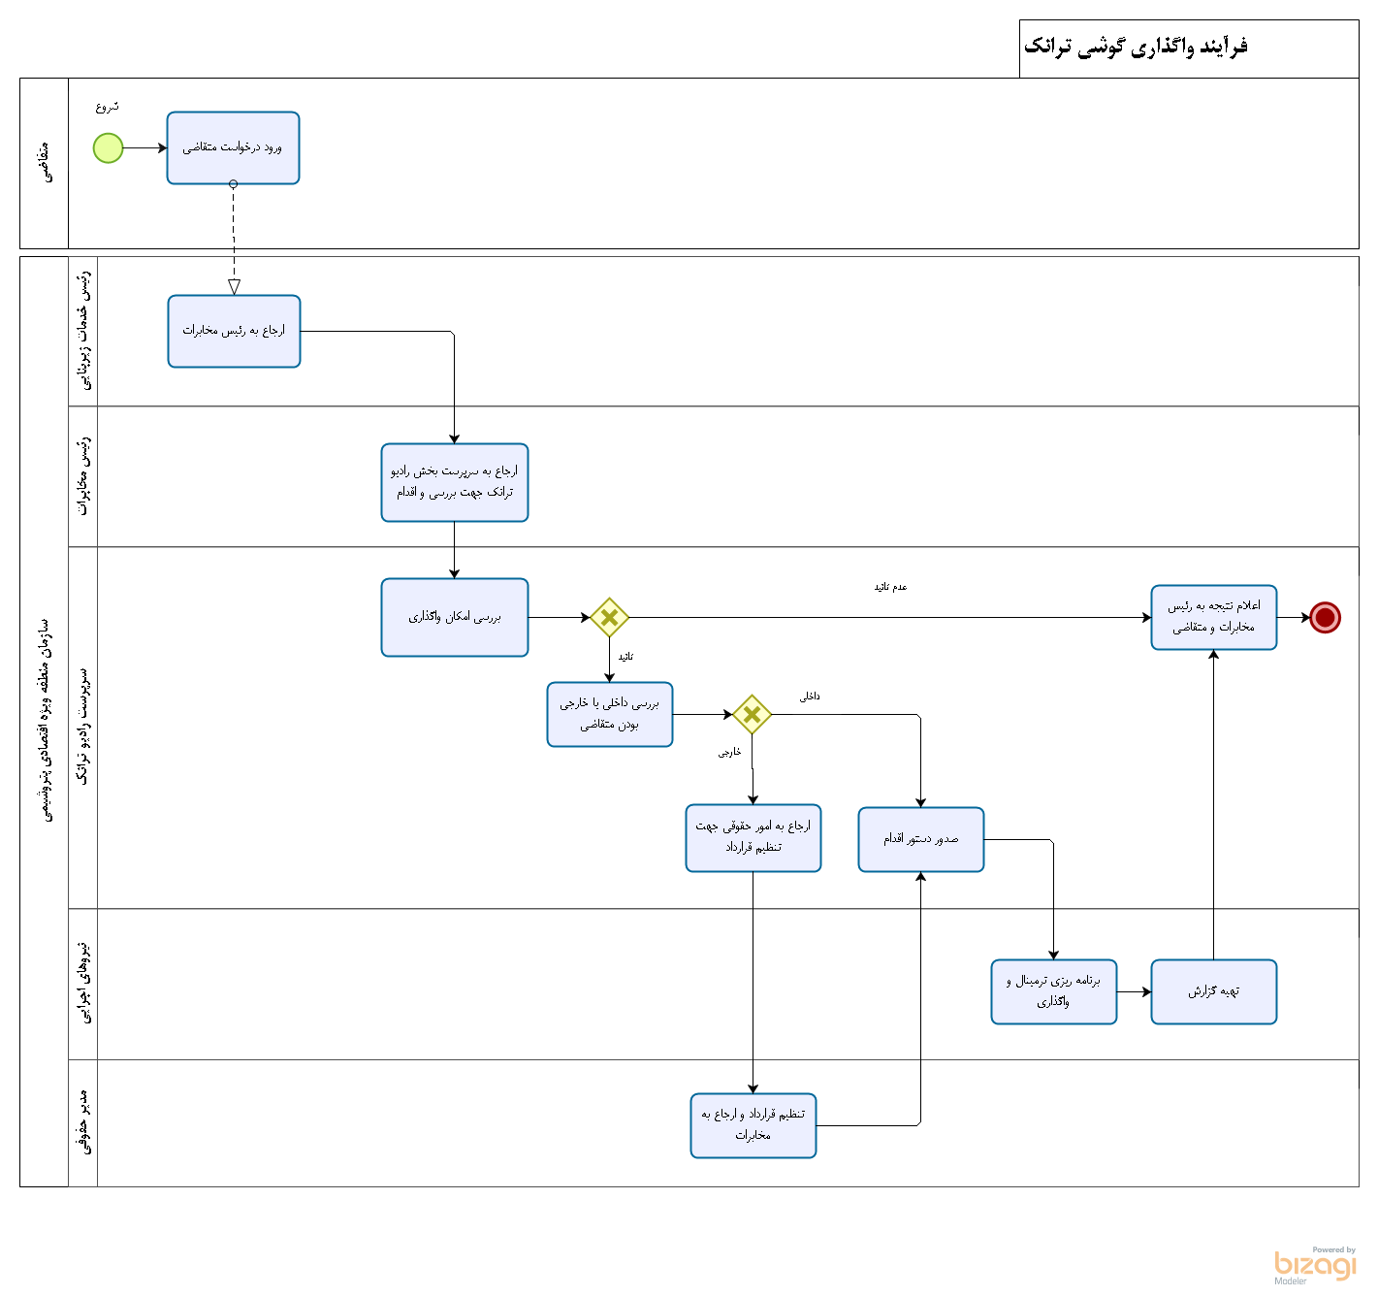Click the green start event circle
(108, 148)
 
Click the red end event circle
(1325, 617)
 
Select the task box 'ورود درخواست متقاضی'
(233, 148)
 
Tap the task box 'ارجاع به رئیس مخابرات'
(234, 331)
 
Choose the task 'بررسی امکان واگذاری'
(454, 617)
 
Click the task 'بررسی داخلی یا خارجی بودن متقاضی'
(609, 714)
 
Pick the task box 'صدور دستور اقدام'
(920, 839)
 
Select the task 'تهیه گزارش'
(1213, 991)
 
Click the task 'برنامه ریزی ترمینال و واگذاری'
(1053, 991)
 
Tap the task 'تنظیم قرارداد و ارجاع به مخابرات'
(753, 1125)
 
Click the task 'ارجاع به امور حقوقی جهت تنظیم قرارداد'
(753, 837)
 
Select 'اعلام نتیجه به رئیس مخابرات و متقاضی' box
(1213, 617)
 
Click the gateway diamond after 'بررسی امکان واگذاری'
(609, 617)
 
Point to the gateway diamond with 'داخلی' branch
(752, 715)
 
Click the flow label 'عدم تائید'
(890, 588)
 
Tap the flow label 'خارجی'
(729, 753)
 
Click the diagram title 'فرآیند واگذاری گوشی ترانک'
(1136, 47)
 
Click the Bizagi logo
(1315, 1265)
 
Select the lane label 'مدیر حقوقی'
(84, 1123)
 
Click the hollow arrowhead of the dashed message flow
(234, 287)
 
